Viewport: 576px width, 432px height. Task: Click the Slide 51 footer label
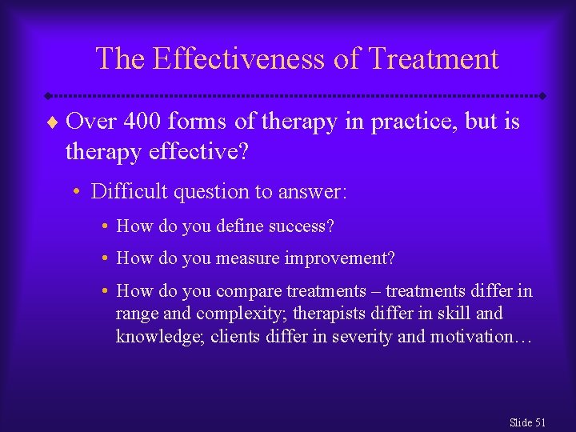(x=526, y=422)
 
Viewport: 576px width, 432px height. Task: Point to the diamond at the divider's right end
(x=542, y=96)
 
